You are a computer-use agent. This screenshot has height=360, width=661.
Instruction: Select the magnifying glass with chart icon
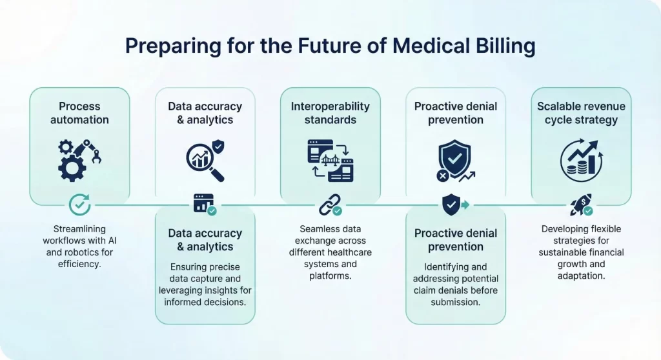click(x=205, y=161)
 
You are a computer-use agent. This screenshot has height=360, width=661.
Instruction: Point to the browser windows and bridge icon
click(x=330, y=161)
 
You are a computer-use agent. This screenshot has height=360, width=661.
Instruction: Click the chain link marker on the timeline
click(x=329, y=206)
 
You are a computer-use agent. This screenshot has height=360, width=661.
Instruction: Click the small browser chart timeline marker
click(x=204, y=205)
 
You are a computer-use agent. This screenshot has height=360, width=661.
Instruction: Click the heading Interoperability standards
click(x=330, y=113)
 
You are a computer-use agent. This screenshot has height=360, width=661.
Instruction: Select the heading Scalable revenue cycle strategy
click(x=581, y=113)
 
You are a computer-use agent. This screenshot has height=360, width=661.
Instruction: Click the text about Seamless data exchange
click(x=330, y=252)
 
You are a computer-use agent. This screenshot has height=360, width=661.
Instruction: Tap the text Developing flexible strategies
click(x=581, y=252)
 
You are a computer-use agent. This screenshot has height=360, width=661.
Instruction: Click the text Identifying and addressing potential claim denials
click(x=455, y=285)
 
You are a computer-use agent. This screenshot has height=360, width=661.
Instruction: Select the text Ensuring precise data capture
click(x=205, y=285)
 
